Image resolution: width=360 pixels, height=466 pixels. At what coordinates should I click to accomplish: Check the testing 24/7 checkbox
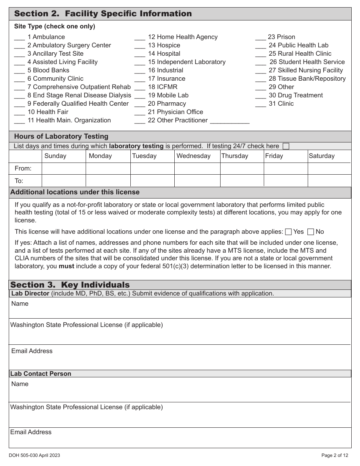pos(286,146)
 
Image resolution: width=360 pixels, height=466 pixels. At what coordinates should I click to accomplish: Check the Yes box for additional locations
pos(288,232)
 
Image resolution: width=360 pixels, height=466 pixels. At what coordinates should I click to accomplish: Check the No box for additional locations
pos(311,232)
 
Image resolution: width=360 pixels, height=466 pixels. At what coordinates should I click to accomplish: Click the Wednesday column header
pos(193,156)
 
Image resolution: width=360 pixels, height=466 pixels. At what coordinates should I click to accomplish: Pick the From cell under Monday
pos(108,168)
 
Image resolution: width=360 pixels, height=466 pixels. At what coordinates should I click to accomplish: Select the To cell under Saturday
pos(329,180)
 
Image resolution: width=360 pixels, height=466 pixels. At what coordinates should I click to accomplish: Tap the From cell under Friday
pos(285,168)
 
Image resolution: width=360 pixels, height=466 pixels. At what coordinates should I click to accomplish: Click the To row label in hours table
pos(19,181)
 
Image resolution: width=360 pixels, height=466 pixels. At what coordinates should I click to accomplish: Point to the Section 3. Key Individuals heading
pos(70,285)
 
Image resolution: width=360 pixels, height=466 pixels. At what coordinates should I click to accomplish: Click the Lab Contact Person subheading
pos(41,374)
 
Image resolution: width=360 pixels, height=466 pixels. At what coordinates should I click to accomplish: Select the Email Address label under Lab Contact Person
pos(31,432)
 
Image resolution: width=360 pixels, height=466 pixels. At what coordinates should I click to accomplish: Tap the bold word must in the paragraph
pos(66,266)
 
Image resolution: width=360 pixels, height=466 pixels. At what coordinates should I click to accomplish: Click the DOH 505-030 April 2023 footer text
pos(34,455)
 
